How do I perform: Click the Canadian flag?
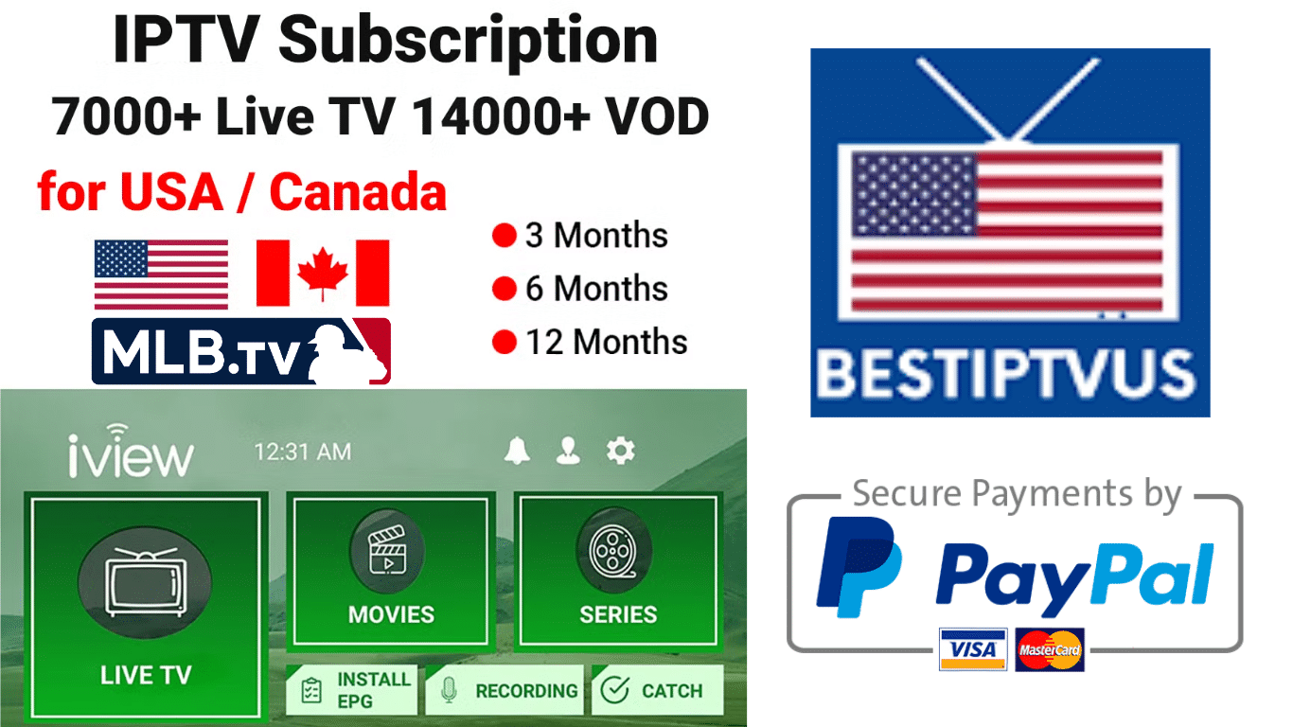pyautogui.click(x=323, y=274)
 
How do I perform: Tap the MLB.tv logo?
pyautogui.click(x=241, y=351)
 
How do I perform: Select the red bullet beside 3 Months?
pyautogui.click(x=504, y=236)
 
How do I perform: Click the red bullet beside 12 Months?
pyautogui.click(x=504, y=342)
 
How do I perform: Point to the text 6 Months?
pyautogui.click(x=596, y=289)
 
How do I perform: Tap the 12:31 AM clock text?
pyautogui.click(x=302, y=452)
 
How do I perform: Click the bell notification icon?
pyautogui.click(x=517, y=452)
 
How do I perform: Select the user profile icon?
pyautogui.click(x=568, y=452)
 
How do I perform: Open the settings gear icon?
pyautogui.click(x=620, y=452)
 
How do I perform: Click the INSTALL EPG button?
pyautogui.click(x=352, y=690)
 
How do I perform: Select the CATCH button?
pyautogui.click(x=657, y=690)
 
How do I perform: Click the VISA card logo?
pyautogui.click(x=972, y=649)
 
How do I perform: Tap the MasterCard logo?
pyautogui.click(x=1050, y=650)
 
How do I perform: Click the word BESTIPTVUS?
pyautogui.click(x=1005, y=373)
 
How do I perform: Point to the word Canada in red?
pyautogui.click(x=358, y=194)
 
